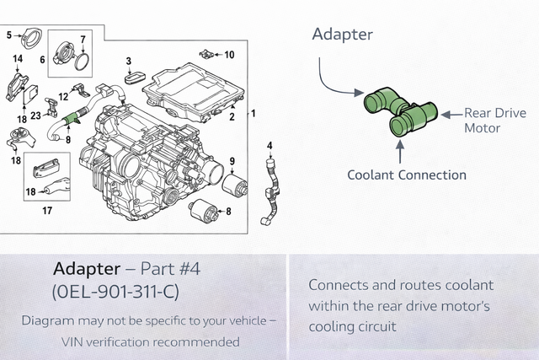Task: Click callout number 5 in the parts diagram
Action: click(x=9, y=35)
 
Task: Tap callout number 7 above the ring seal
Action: click(x=83, y=39)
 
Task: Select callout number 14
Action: click(x=17, y=58)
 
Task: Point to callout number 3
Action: click(x=128, y=61)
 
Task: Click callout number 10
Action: click(x=229, y=55)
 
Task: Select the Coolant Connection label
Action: click(x=407, y=175)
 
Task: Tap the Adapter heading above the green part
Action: click(x=342, y=35)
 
